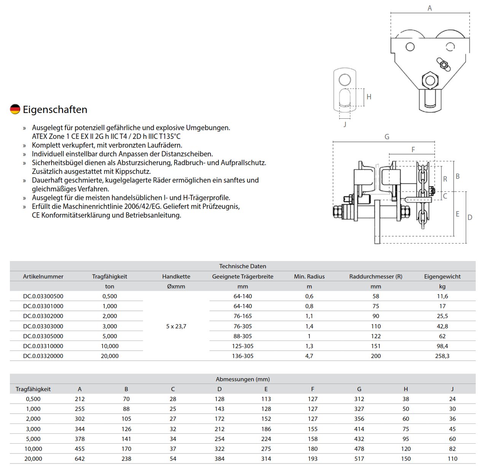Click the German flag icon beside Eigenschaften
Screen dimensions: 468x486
click(15, 109)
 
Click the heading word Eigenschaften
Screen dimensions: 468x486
click(55, 110)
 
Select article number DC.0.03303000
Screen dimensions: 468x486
click(43, 326)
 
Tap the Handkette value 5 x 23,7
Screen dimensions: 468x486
click(176, 326)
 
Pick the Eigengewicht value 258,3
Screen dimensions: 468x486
click(442, 356)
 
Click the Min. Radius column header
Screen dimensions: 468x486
click(309, 277)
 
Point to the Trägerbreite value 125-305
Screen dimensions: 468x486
click(242, 346)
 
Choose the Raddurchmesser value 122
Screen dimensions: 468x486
click(376, 336)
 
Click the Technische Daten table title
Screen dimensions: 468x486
click(242, 266)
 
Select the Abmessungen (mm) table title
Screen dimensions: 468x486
click(242, 379)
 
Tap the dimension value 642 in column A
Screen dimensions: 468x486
click(80, 458)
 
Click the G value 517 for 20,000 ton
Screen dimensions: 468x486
click(359, 458)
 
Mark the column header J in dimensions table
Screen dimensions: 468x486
click(452, 389)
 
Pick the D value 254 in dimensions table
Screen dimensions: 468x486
click(219, 439)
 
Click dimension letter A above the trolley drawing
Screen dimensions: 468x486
click(430, 8)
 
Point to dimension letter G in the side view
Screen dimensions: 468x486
click(387, 137)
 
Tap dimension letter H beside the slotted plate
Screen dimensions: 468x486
click(369, 97)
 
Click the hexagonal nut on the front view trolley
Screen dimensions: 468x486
click(430, 80)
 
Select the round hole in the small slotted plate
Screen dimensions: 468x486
click(345, 80)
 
